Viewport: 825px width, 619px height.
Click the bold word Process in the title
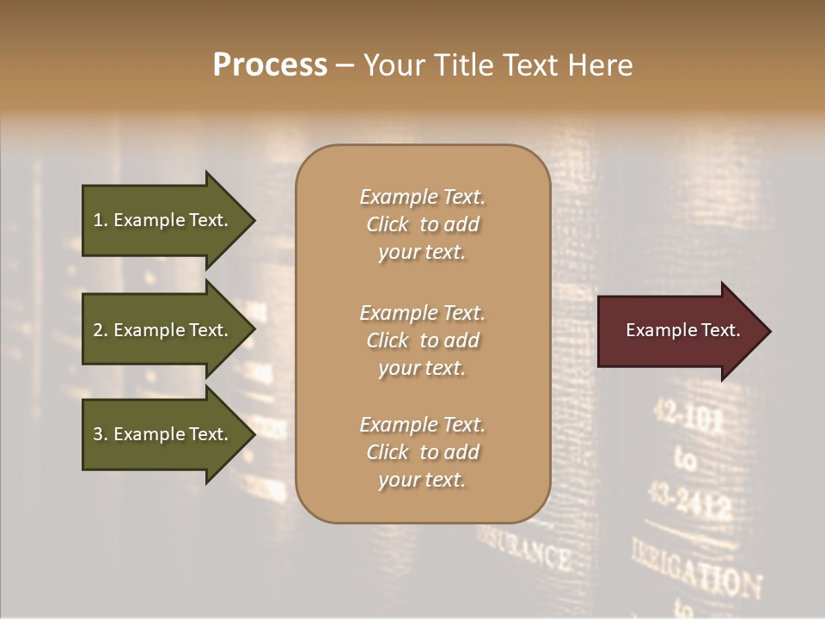(270, 65)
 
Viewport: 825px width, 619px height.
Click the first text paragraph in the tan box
(422, 224)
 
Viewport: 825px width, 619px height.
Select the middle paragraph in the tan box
(422, 340)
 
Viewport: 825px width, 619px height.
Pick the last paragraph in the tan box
(422, 452)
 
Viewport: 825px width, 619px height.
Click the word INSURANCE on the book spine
(526, 549)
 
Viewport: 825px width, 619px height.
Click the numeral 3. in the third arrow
(100, 434)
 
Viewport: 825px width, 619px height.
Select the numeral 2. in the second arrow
(100, 330)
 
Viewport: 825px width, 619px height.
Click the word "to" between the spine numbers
(686, 461)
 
